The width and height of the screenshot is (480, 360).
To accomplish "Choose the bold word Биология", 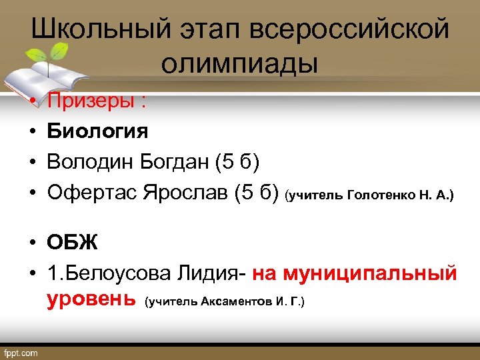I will [x=97, y=131].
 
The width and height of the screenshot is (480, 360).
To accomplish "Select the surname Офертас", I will [x=94, y=193].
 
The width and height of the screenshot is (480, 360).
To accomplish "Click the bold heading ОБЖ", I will [x=72, y=242].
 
